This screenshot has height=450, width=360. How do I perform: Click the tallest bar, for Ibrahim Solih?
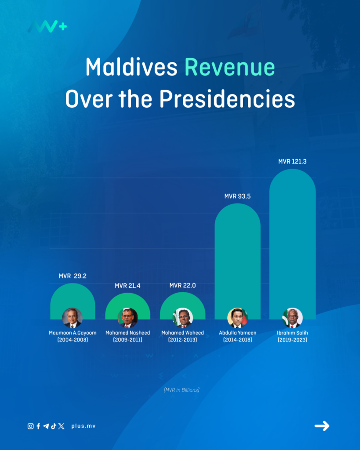292,237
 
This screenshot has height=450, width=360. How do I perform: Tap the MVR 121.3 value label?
292,162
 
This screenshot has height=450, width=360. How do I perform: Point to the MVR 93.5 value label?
237,196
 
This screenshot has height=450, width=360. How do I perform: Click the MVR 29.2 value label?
73,276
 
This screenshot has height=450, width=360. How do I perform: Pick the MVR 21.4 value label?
127,286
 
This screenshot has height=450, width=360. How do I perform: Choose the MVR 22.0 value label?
182,286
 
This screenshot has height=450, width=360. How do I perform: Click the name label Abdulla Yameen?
237,333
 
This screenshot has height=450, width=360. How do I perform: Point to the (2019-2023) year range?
292,340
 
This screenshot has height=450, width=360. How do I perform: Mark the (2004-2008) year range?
73,340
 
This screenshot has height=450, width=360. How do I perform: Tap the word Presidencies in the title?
227,99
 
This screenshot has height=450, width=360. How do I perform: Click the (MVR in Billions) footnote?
182,390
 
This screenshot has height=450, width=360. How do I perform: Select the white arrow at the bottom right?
322,426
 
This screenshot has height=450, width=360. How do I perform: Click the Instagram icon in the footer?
30,426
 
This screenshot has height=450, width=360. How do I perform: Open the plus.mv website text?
83,426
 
